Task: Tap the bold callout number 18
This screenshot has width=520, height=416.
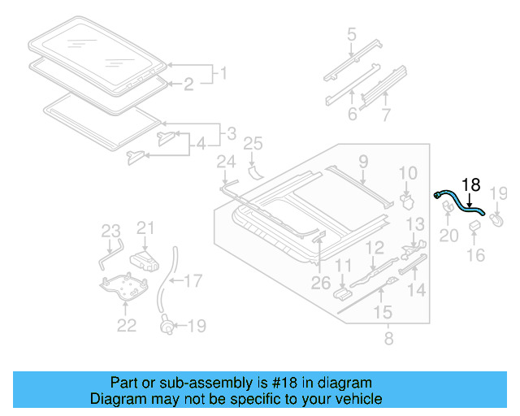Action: (x=471, y=184)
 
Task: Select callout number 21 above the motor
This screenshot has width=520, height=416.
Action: (x=145, y=228)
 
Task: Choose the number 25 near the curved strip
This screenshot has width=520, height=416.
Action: (x=253, y=145)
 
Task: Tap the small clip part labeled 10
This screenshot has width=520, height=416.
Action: (x=409, y=198)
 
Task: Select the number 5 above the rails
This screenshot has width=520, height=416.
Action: (x=351, y=34)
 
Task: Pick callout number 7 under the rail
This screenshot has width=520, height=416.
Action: (x=385, y=115)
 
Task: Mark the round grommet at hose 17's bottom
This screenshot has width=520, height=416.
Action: (x=167, y=327)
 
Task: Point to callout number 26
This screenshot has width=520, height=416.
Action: (x=321, y=283)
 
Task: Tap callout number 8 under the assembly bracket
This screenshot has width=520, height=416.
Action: (x=388, y=333)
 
